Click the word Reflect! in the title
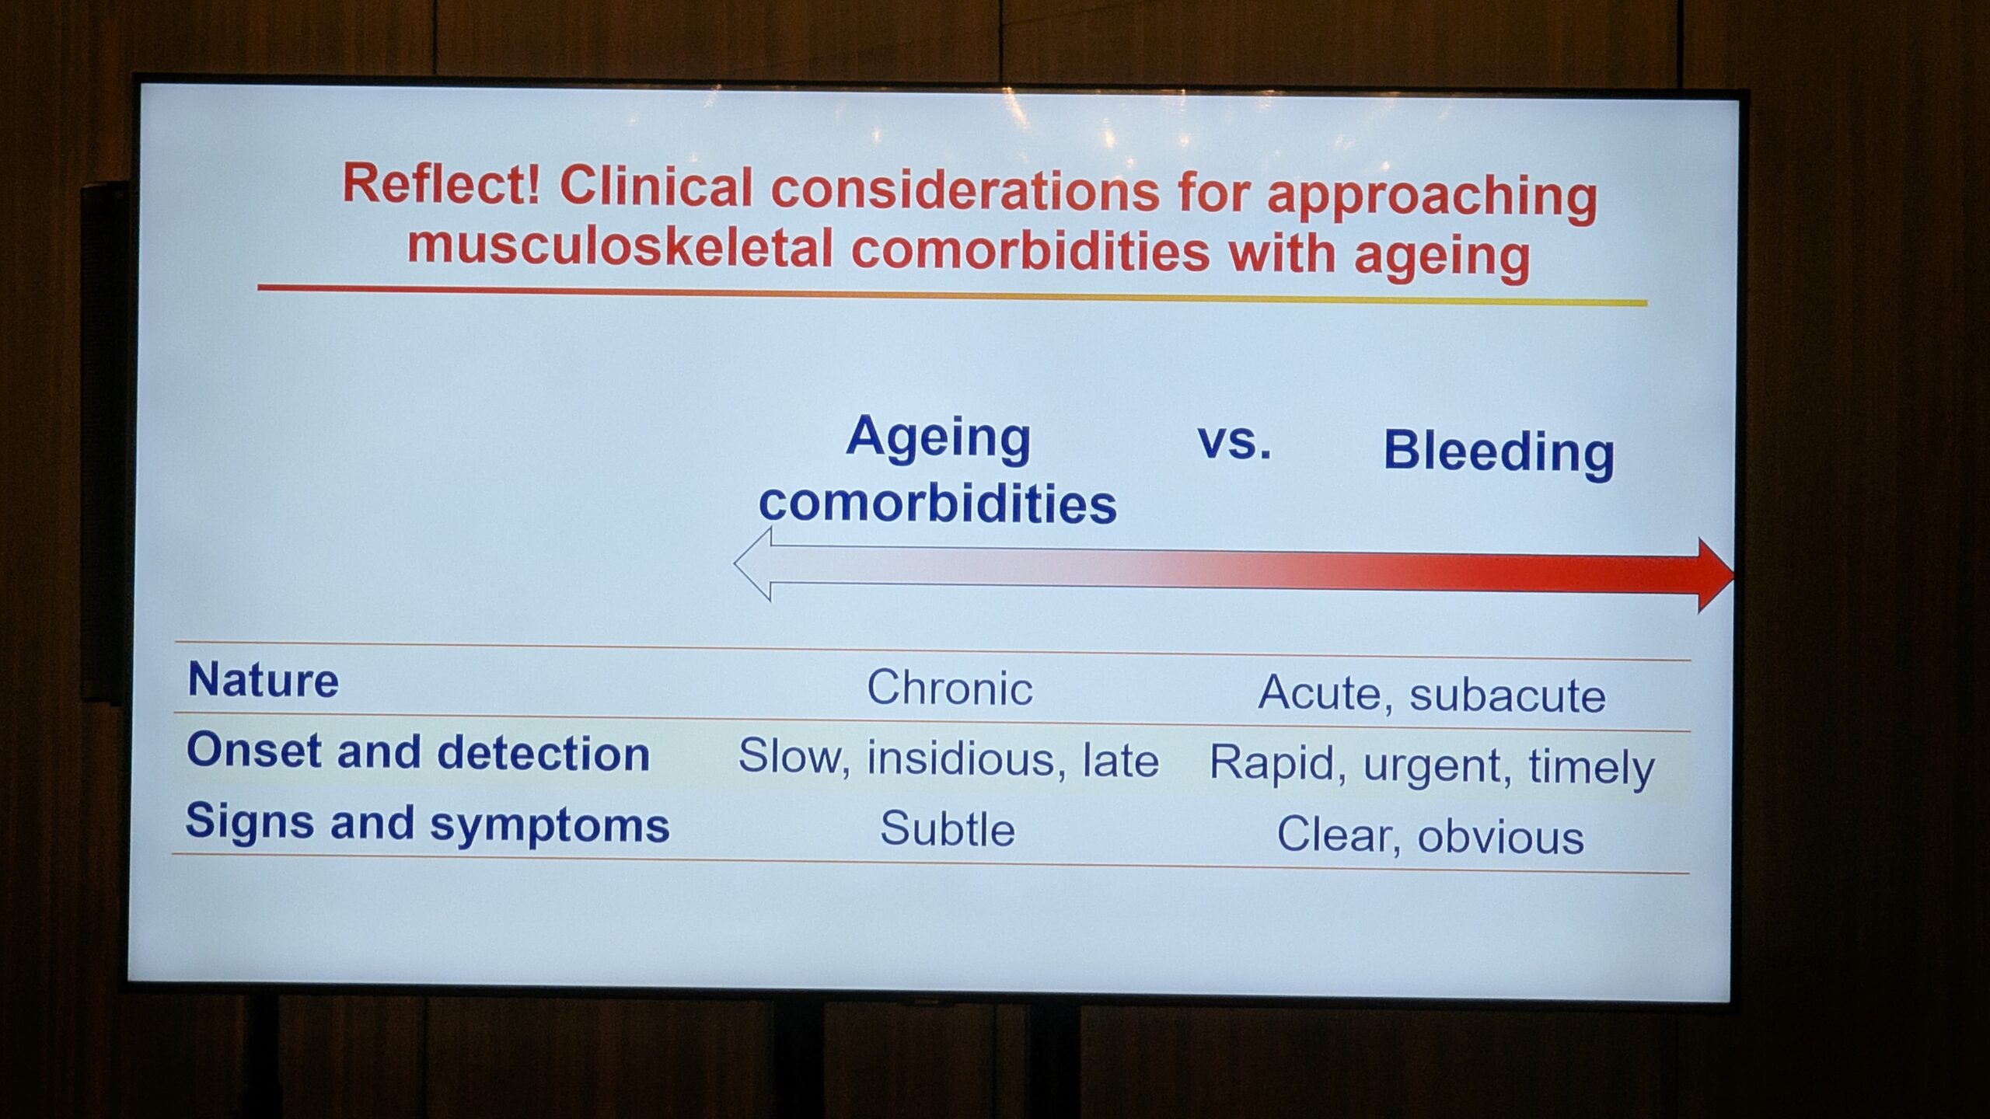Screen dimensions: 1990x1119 [x=442, y=184]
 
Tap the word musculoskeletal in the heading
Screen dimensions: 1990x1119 [x=620, y=247]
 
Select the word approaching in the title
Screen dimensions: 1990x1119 [x=1432, y=198]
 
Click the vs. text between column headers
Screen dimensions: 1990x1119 [x=1234, y=441]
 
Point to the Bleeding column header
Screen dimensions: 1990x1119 [x=1499, y=453]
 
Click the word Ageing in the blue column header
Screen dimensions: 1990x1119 [x=938, y=438]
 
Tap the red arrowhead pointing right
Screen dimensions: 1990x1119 [x=1715, y=575]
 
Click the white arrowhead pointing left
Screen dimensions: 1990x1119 [x=752, y=564]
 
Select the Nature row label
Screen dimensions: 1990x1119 [x=264, y=680]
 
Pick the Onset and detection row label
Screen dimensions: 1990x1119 [x=418, y=752]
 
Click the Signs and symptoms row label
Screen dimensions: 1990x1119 [x=427, y=824]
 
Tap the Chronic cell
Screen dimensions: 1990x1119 [x=950, y=688]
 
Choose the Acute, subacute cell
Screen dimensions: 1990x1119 [x=1432, y=694]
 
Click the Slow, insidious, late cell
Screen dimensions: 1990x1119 [x=948, y=758]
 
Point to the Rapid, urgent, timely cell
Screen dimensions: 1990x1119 [x=1432, y=765]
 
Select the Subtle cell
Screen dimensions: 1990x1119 [x=948, y=828]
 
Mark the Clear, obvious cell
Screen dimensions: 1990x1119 [x=1430, y=836]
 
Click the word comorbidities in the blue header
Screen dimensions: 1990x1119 [x=937, y=504]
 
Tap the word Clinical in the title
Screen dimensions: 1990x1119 [x=656, y=186]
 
